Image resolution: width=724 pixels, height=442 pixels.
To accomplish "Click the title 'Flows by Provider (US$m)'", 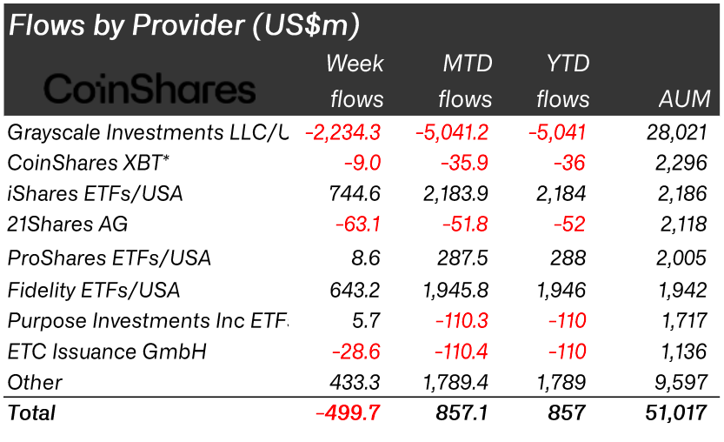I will pos(183,25).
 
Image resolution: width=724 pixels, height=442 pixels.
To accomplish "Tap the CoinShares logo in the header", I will pos(149,89).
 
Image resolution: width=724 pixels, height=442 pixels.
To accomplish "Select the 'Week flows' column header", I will pos(355,81).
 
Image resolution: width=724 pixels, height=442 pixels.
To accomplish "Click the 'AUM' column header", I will pos(683,99).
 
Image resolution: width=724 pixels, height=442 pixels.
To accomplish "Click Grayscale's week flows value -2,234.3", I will pos(342,132).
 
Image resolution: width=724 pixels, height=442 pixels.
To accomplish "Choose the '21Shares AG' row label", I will pos(68,224).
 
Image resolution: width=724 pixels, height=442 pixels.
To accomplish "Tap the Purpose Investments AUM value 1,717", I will pos(686,321).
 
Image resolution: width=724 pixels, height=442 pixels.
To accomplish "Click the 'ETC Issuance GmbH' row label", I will pos(95,352).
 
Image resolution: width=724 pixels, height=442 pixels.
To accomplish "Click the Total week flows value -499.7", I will pos(348,413).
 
